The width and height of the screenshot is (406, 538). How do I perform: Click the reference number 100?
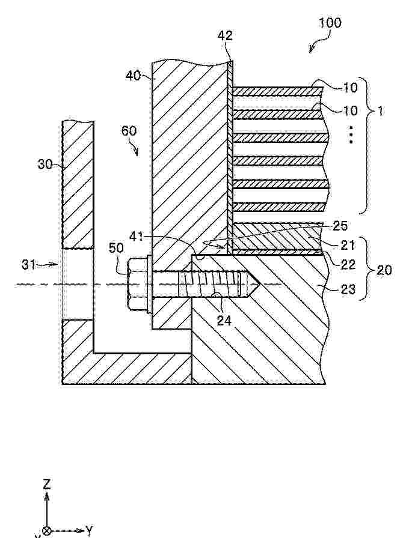coord(330,23)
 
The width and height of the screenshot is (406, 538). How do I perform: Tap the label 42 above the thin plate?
coord(226,35)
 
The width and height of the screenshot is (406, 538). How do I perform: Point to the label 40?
coord(133,76)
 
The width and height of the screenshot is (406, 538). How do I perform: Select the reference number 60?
coord(129,131)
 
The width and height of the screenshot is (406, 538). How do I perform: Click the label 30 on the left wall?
coord(45,165)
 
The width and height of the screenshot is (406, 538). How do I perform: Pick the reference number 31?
coord(29,265)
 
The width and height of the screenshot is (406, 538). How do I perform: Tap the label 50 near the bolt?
coord(116,248)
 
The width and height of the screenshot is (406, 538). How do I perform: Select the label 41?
coord(137,237)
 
